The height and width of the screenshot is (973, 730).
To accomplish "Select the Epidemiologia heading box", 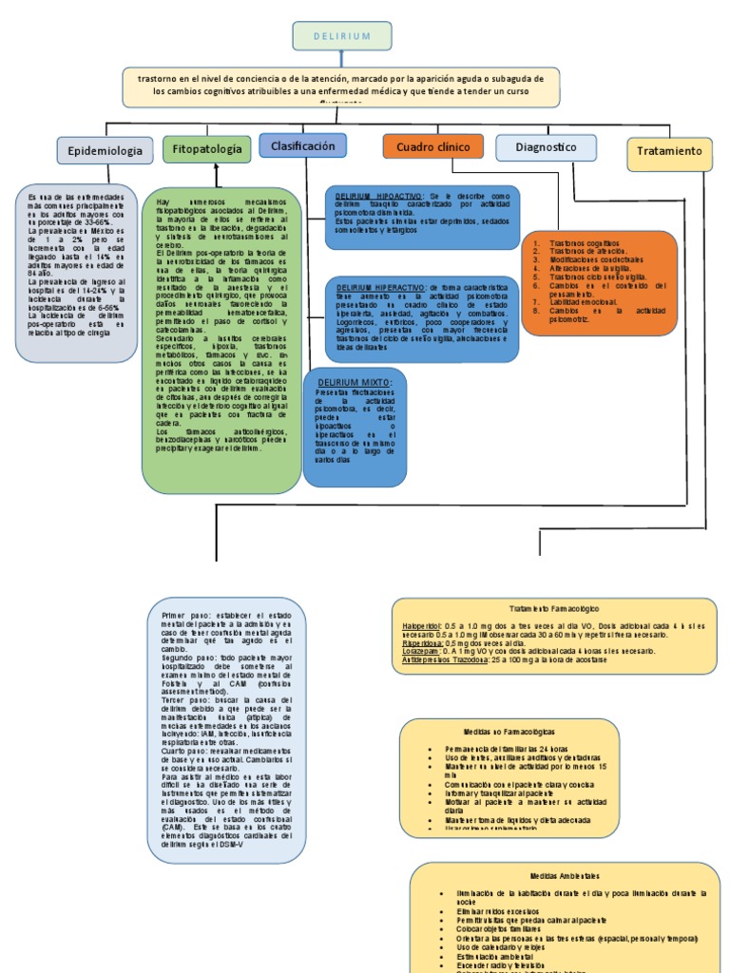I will click(105, 150).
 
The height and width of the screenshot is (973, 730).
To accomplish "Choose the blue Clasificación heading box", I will click(302, 146).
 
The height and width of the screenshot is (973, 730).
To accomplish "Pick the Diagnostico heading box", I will click(546, 147).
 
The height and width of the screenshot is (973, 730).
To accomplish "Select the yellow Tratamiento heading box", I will click(669, 152).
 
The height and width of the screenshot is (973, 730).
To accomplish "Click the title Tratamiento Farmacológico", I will click(554, 608).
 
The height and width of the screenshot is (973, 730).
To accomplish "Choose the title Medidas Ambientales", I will click(565, 875).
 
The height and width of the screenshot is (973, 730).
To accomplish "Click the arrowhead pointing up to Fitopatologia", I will click(216, 167).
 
